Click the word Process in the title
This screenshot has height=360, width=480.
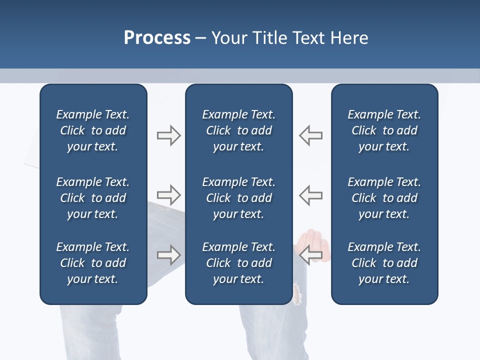(157, 38)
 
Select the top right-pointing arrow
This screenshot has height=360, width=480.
(168, 135)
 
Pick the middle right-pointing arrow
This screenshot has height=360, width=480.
(168, 195)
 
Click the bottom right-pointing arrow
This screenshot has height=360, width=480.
(168, 254)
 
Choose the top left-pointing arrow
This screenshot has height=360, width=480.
(311, 135)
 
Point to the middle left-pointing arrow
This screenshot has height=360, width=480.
(311, 195)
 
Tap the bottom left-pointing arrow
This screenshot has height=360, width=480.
(311, 254)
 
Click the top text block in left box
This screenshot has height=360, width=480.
(93, 130)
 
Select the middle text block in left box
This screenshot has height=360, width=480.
(93, 198)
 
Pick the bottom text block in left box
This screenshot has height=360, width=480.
(93, 263)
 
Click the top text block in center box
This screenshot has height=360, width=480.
(238, 130)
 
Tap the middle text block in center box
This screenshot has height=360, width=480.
(238, 198)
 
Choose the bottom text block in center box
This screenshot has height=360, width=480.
(238, 263)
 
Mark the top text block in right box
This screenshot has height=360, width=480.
(384, 130)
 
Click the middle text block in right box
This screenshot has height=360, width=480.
(384, 198)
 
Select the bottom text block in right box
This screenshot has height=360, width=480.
(384, 263)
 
